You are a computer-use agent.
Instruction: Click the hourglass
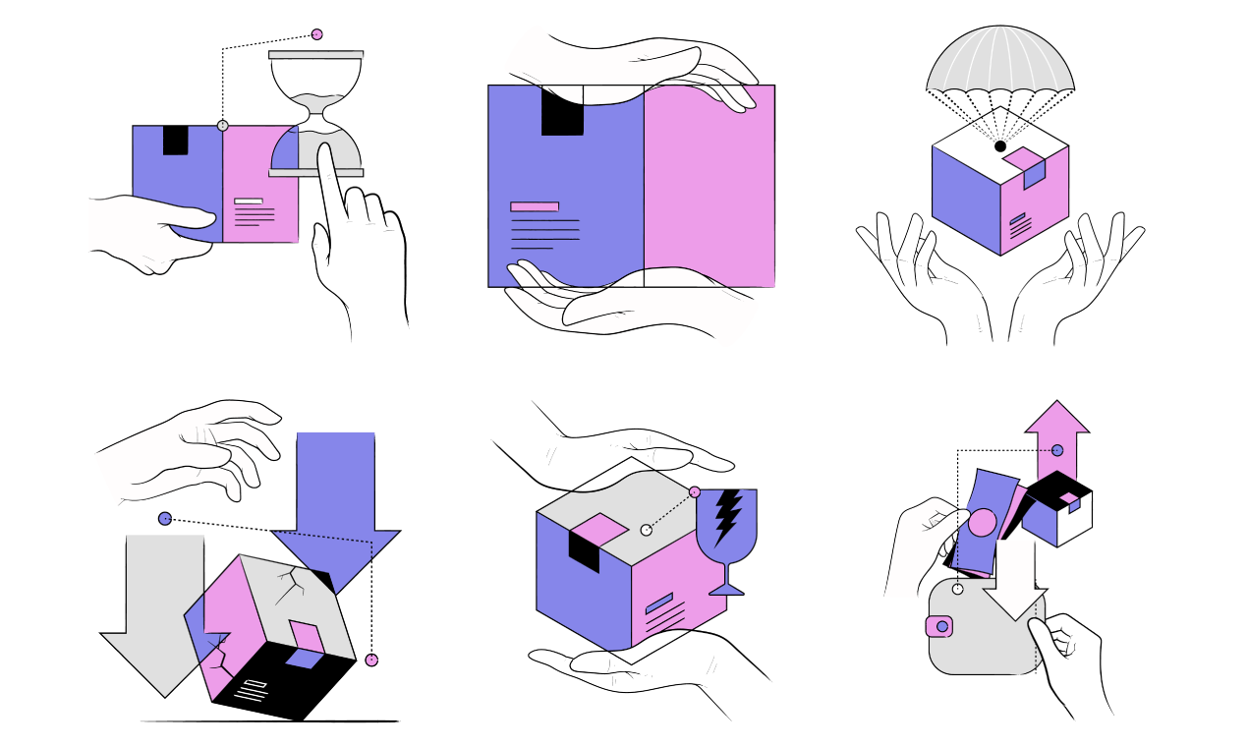click(315, 113)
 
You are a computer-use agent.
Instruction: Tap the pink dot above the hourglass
click(316, 34)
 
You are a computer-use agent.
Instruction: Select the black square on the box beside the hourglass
click(175, 140)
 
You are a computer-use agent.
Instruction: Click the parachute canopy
click(998, 64)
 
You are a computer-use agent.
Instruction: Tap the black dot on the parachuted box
click(1000, 146)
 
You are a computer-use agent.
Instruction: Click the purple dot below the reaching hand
click(165, 519)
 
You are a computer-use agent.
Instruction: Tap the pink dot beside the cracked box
click(371, 660)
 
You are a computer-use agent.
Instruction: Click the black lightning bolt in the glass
click(727, 515)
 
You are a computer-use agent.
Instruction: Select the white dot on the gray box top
click(646, 530)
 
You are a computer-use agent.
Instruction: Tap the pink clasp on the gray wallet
click(940, 626)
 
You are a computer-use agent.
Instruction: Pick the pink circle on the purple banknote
click(982, 522)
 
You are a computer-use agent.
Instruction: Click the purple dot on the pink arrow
click(1057, 450)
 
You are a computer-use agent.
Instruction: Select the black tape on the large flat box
click(562, 110)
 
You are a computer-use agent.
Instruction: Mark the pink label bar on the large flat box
click(535, 206)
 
